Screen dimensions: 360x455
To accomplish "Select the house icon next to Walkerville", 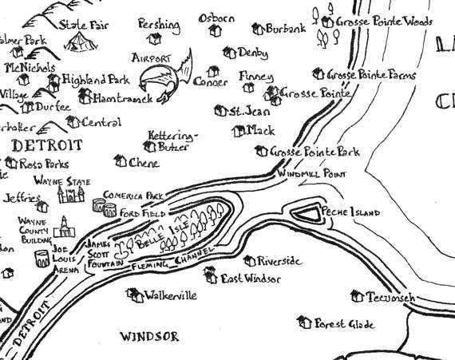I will click(x=133, y=295).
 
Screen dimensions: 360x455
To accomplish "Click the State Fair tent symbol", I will click(x=78, y=45).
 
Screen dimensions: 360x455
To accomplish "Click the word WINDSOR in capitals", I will click(x=149, y=337).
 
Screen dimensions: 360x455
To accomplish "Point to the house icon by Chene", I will click(x=120, y=162).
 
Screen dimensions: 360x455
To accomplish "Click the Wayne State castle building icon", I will click(x=70, y=196).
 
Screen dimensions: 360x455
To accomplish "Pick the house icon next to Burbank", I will click(x=258, y=30).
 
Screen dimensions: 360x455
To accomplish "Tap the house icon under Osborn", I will click(x=213, y=31).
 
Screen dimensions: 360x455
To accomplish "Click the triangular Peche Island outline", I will click(x=305, y=212).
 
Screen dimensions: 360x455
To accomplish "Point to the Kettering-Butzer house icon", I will click(x=149, y=146).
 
